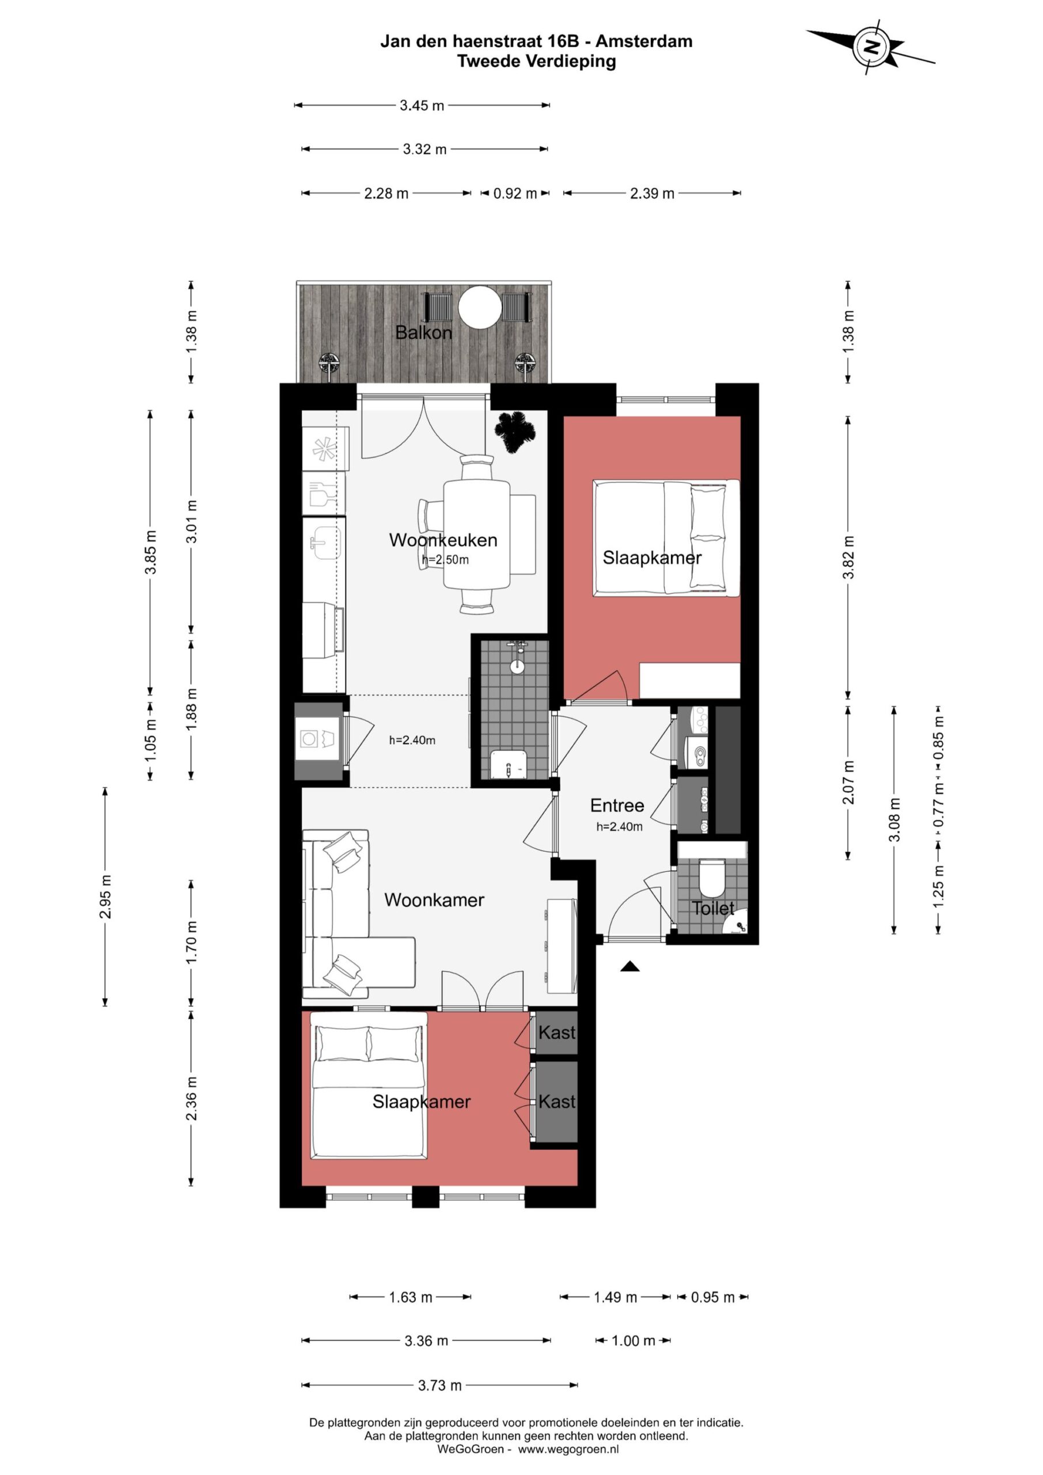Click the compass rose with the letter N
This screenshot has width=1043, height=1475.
pos(871,47)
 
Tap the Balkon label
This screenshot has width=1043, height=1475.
pos(423,333)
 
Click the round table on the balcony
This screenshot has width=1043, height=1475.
pos(480,307)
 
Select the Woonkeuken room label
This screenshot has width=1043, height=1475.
pos(443,540)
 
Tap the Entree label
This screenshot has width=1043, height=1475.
pos(617,805)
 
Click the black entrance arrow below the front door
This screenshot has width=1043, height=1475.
pos(630,966)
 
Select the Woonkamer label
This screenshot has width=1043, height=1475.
pos(434,900)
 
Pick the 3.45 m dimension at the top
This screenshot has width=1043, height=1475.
pos(422,105)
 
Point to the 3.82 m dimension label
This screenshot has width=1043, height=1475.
pos(848,558)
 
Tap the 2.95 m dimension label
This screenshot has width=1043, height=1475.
pos(105,896)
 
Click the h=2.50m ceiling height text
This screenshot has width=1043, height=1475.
pos(445,559)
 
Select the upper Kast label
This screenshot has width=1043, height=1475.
pos(557,1032)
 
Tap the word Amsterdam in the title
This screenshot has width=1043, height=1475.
pos(644,41)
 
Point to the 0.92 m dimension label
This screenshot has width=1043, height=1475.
pos(515,194)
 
